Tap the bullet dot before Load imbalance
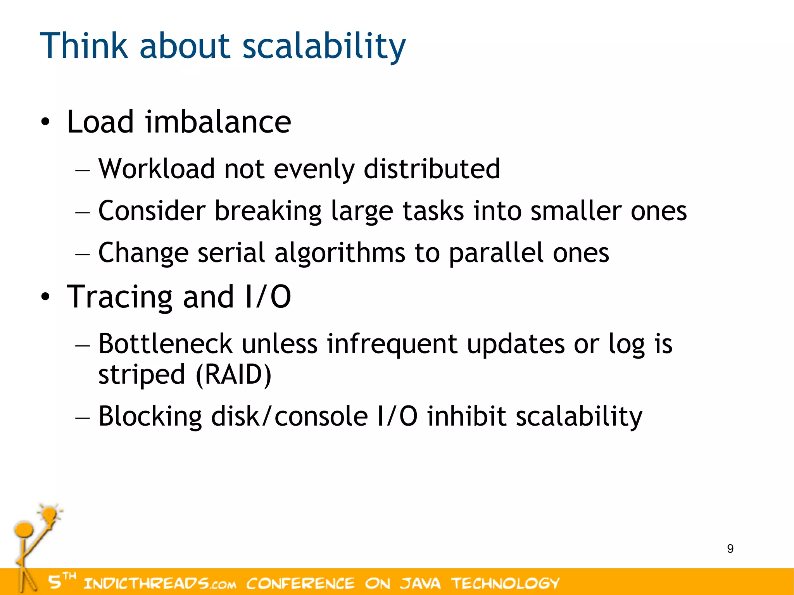point(45,122)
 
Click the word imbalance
point(218,122)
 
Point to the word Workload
point(157,169)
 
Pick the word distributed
point(432,169)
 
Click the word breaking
point(268,211)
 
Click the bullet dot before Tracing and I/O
point(45,297)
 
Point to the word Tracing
point(119,297)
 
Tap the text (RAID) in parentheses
point(233,375)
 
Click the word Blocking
point(150,416)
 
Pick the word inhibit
point(467,416)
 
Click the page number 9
point(730,549)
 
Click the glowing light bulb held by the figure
point(50,515)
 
